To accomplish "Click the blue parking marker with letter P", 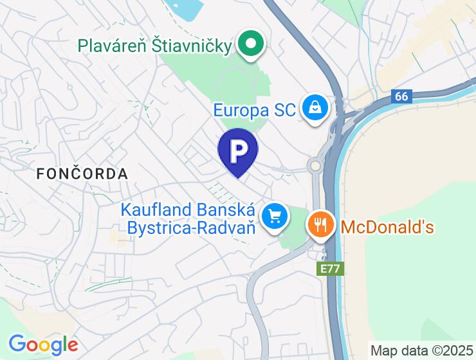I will point(238,151).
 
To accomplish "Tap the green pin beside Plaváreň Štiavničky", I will point(251,44).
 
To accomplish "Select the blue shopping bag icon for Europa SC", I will point(316,108).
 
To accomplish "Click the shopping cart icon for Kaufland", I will point(276,217).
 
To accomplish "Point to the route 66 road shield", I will point(401,96).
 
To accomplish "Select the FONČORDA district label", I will point(82,173).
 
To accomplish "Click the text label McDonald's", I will point(387,227).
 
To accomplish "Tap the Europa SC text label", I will point(255,110).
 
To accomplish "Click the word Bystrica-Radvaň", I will point(192,228).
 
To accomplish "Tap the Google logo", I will point(43,345).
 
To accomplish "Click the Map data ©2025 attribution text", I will point(422,350).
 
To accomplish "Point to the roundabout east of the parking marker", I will point(315,166).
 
